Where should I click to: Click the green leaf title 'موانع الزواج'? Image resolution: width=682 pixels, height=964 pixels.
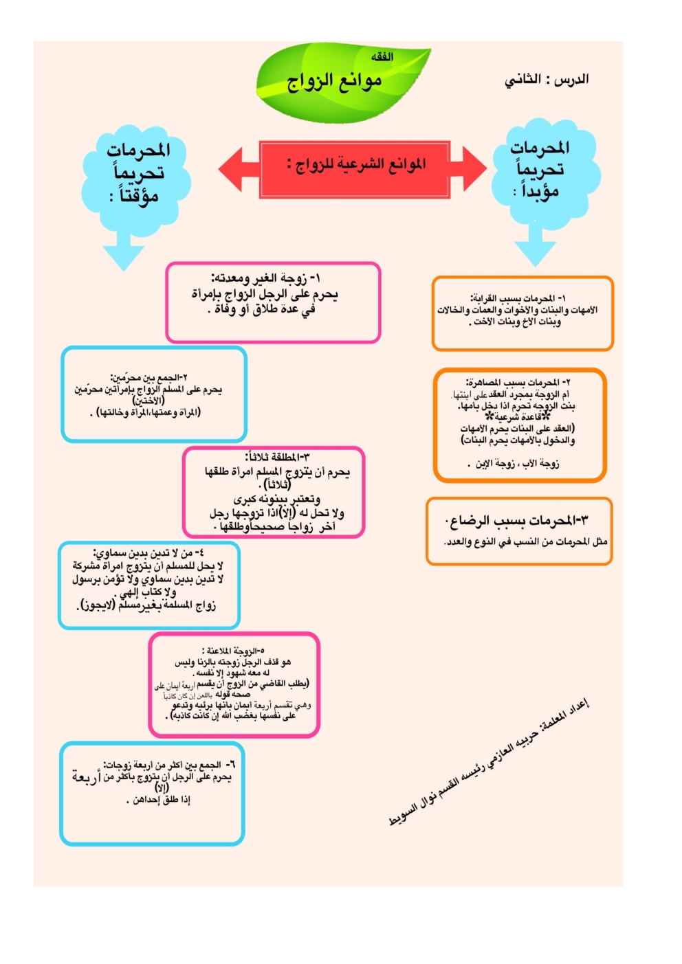pos(334,82)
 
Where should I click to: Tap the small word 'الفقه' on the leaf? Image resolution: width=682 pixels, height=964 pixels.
pos(382,57)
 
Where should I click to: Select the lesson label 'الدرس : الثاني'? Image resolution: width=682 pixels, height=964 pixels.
pos(547,80)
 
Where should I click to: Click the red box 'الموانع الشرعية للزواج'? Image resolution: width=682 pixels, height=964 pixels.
pos(355,165)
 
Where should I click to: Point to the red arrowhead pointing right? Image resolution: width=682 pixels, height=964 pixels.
pos(474,169)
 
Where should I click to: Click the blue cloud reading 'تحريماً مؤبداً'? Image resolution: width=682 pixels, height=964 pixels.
pos(541,170)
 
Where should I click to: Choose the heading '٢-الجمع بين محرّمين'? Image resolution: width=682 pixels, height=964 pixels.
pos(149,377)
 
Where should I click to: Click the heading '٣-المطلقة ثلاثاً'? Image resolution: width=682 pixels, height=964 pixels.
pos(278,457)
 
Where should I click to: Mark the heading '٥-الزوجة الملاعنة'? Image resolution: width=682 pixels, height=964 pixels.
pos(234,650)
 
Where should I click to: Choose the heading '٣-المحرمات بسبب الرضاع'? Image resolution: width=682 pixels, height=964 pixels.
pos(516,521)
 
